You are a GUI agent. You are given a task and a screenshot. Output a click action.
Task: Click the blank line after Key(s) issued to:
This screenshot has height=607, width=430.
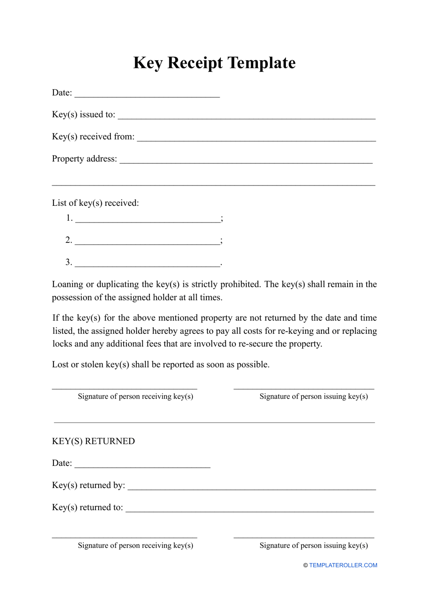247,117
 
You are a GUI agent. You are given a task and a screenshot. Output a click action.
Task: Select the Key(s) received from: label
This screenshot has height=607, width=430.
93,137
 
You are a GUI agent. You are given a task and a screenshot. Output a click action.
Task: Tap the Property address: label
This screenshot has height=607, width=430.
84,159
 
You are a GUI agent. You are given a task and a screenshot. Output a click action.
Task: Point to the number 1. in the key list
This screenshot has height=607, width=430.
69,218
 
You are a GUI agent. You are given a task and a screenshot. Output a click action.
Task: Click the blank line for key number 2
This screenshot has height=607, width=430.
148,242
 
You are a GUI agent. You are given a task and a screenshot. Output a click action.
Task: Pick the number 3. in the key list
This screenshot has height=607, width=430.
69,262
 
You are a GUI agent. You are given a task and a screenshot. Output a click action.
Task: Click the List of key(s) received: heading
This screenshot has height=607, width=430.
95,203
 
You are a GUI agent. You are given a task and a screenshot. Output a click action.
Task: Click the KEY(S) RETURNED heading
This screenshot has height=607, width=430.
93,441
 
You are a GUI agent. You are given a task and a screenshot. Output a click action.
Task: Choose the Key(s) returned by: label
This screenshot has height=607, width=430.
88,485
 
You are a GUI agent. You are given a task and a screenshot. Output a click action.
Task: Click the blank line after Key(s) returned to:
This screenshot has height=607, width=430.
249,510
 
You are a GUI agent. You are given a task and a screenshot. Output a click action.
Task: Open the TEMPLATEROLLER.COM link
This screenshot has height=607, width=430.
343,565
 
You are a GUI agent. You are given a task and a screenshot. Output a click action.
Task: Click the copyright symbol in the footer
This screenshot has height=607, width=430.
306,565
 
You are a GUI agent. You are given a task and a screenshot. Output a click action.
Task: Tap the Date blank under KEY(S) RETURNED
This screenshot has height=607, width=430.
143,465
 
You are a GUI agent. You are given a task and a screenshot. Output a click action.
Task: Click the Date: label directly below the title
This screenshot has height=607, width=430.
62,93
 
